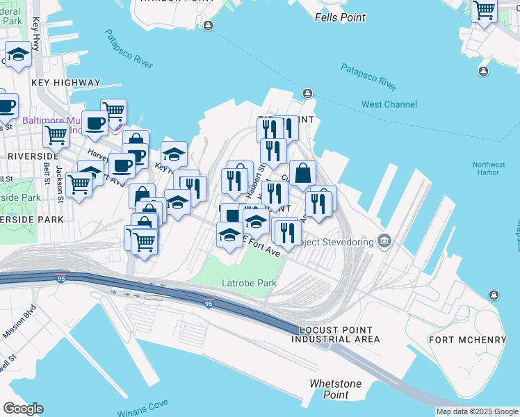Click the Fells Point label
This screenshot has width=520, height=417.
pos(340,17)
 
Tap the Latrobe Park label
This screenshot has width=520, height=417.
pos(249,283)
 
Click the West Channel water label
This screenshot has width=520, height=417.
pos(389,104)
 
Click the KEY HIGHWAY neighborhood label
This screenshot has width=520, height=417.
pos(66,83)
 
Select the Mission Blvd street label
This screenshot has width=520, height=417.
pos(19,322)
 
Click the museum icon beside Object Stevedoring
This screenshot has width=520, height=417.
pos(384,241)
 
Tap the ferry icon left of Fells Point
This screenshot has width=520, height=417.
pos(209,26)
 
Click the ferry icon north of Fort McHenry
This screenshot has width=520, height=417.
pos(494,295)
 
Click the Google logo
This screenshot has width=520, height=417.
pos(23,409)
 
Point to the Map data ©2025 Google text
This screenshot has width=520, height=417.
pos(477,411)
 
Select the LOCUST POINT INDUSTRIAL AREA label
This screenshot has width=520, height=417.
pos(336,334)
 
